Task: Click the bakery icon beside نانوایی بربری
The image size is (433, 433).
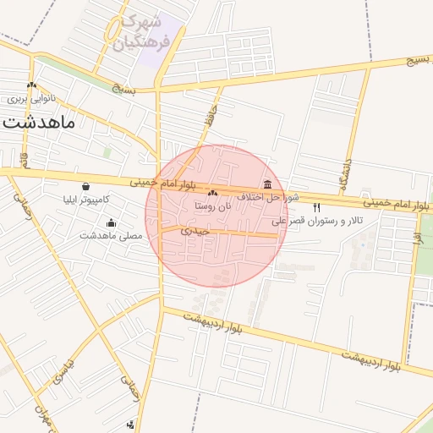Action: [x=31, y=85]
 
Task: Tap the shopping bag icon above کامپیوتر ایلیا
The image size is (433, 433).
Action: [x=86, y=187]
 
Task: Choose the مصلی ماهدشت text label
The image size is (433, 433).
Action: [x=111, y=235]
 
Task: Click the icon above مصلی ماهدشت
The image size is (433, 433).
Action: [x=111, y=222]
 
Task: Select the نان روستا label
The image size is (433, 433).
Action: [x=212, y=206]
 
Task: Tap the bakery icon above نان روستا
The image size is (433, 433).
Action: [x=212, y=193]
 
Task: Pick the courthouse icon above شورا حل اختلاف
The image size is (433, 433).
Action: [x=268, y=184]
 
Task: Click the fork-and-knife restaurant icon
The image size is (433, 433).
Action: [x=317, y=207]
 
